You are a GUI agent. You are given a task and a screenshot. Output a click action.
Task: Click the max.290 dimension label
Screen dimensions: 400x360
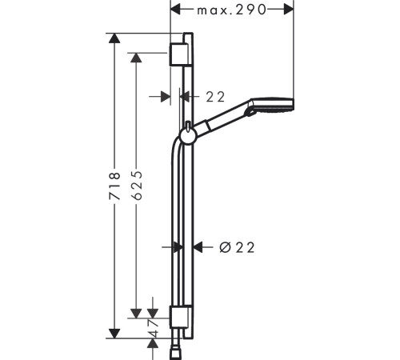click(231, 10)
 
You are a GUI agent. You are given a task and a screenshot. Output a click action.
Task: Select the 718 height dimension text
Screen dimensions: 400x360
click(115, 186)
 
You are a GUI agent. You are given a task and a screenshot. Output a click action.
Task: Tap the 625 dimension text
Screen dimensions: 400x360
click(137, 186)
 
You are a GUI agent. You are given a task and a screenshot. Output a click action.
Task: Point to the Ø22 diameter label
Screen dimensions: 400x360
click(237, 248)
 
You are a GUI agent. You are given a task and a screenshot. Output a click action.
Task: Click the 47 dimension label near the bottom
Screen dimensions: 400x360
click(153, 328)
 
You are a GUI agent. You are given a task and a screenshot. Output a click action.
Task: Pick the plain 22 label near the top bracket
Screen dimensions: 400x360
click(215, 97)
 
